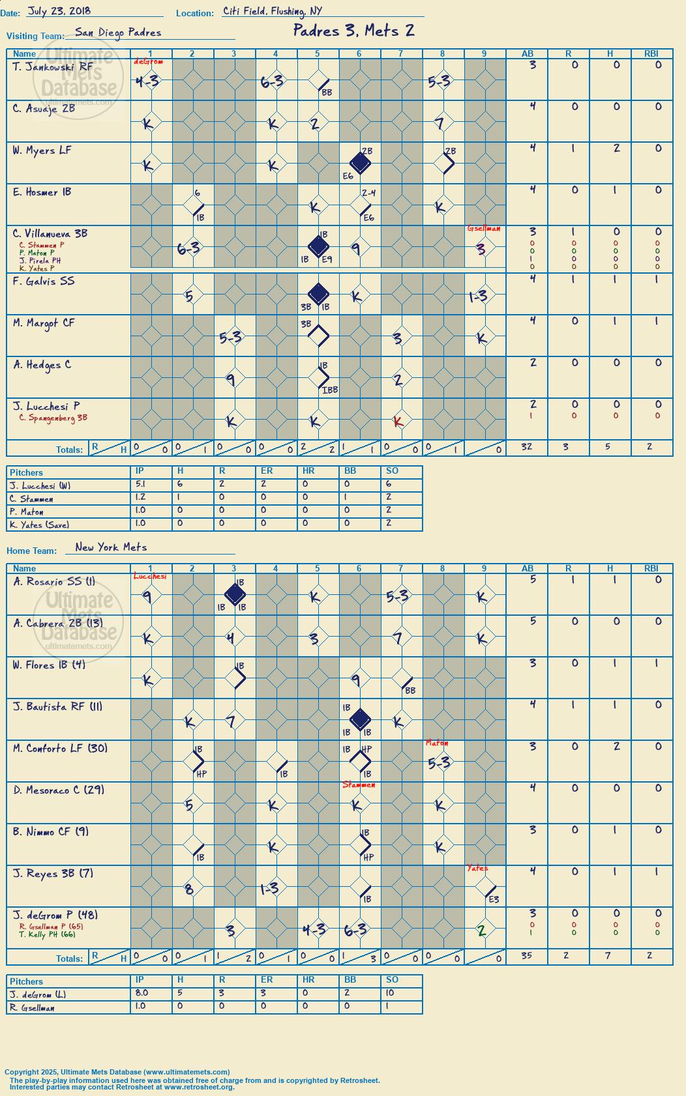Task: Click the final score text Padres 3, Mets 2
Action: click(x=353, y=31)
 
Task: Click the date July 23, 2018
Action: click(x=59, y=11)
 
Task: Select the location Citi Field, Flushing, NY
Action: click(x=272, y=11)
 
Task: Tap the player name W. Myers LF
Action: click(x=42, y=151)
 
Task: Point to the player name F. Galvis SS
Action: click(x=44, y=281)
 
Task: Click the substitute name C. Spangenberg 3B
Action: click(x=53, y=418)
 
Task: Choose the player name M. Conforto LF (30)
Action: click(x=60, y=748)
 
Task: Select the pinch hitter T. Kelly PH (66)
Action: click(x=47, y=934)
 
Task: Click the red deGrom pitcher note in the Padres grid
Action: click(x=148, y=62)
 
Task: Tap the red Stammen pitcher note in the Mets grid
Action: click(x=359, y=785)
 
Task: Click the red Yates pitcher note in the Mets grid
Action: click(x=477, y=868)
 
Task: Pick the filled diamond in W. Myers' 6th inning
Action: click(x=360, y=163)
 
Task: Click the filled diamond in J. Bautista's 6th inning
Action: click(x=360, y=719)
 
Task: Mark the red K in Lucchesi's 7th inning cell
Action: click(x=398, y=422)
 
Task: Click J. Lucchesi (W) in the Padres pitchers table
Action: click(x=39, y=486)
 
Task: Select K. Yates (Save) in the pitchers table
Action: click(x=39, y=525)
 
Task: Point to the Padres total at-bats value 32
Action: click(x=526, y=446)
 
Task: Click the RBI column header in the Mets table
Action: click(x=651, y=568)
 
